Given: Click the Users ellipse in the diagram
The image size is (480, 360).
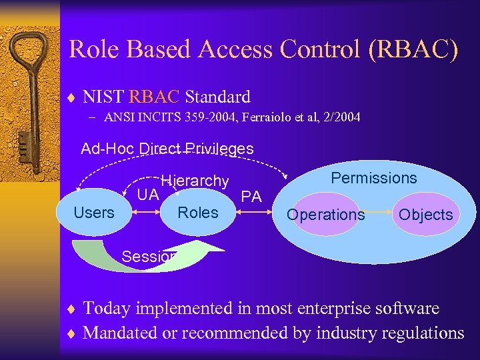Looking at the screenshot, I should click(x=94, y=213).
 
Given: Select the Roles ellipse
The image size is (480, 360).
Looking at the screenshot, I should click(x=198, y=213).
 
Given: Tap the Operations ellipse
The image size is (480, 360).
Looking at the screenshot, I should click(x=326, y=215).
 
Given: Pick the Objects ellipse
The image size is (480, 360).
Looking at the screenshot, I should click(x=426, y=215).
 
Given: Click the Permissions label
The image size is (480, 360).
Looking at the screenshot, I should click(x=374, y=178).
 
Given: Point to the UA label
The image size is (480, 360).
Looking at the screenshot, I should click(x=147, y=195).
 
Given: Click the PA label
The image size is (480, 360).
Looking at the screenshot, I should click(x=251, y=197).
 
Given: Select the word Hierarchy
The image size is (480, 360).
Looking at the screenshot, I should click(x=195, y=181).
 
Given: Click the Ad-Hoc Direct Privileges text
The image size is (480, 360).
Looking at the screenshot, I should click(x=167, y=149).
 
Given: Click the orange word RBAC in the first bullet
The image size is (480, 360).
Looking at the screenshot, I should click(x=155, y=97).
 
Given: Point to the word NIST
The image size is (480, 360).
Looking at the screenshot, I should click(x=103, y=97).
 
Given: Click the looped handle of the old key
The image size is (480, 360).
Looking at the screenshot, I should click(x=27, y=53).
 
